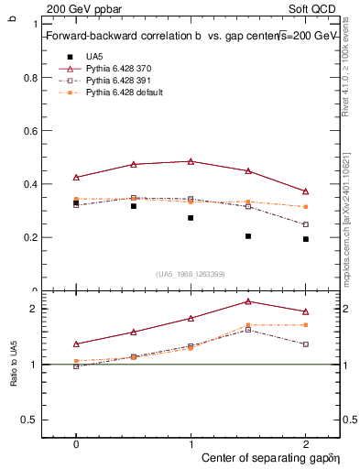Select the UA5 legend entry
point(93,57)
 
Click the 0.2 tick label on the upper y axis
point(30,237)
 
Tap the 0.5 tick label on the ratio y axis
point(30,420)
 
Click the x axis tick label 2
point(305,442)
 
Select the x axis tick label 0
point(76,442)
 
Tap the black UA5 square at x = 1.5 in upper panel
point(248,236)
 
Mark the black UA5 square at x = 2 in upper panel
point(305,239)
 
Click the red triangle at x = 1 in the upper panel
point(191,161)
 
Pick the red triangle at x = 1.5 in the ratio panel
point(248,301)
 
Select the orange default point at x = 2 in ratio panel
point(305,325)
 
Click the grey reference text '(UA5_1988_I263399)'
point(190,274)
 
